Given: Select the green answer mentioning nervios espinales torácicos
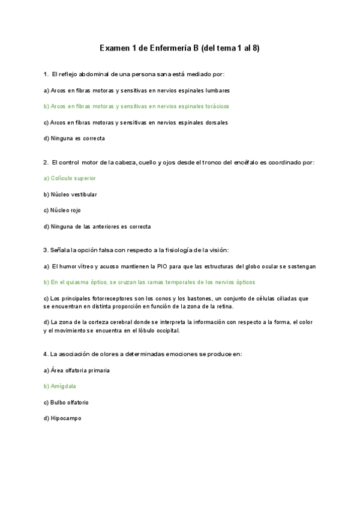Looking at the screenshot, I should [136, 106].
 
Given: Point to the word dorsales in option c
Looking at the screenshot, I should [215, 122].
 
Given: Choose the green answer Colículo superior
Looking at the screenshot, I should [70, 178].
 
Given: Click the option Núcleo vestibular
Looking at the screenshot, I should [70, 194].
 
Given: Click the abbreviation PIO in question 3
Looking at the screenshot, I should [163, 266].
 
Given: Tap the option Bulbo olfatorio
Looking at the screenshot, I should [66, 402].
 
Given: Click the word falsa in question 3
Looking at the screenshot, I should [102, 250].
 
